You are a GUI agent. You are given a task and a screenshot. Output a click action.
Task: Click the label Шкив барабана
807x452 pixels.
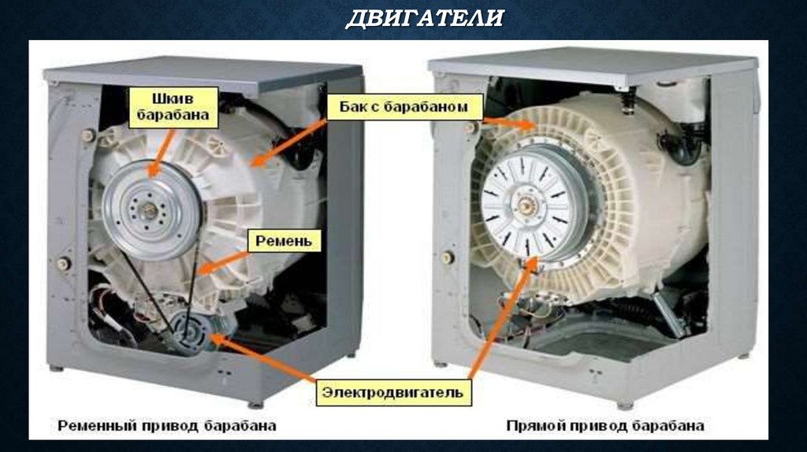[x=173, y=107]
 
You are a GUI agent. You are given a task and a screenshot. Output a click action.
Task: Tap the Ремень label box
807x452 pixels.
[x=285, y=240]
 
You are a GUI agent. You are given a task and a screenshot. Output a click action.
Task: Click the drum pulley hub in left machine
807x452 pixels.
[x=148, y=207]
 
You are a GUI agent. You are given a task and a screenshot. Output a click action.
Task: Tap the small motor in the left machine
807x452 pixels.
[x=192, y=329]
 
